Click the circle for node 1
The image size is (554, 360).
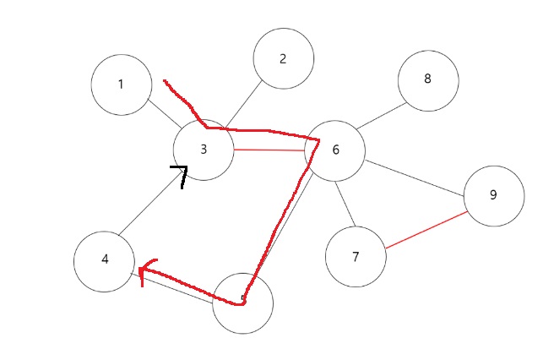[122, 85]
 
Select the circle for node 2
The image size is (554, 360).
[283, 58]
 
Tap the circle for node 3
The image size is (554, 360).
[204, 150]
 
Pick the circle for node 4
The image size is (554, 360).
[104, 260]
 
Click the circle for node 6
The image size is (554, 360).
[334, 150]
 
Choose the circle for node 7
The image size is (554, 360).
[356, 256]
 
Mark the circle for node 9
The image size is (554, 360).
[493, 195]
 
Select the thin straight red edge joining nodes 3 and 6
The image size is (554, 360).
[269, 150]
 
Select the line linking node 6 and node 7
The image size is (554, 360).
[344, 202]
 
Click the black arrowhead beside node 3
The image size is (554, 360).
[180, 174]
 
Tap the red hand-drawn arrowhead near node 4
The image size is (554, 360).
[144, 272]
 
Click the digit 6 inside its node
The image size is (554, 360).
[335, 150]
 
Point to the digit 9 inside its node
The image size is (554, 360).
[493, 195]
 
